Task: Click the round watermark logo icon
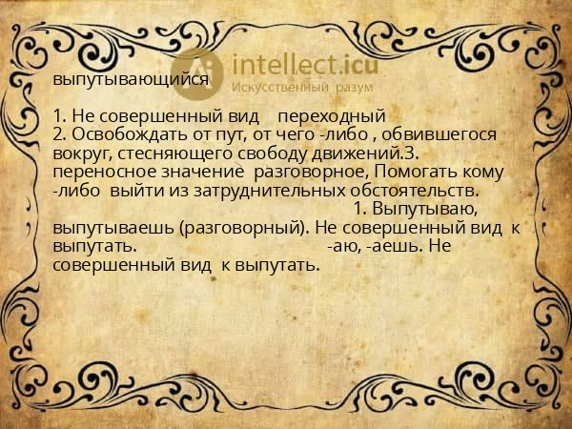[201, 71]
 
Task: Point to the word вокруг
[80, 153]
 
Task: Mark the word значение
[199, 171]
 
